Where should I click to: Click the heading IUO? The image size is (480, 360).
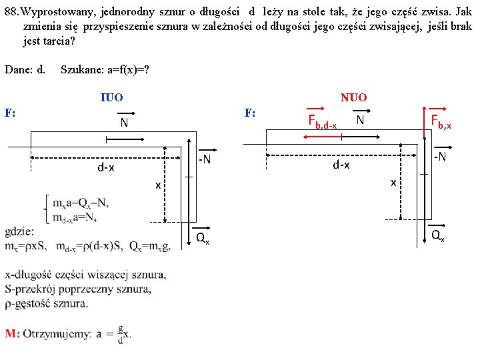point(111,97)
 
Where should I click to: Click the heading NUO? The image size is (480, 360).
point(353,97)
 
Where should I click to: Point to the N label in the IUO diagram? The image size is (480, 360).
point(124,123)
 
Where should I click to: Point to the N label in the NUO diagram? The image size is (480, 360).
point(359,119)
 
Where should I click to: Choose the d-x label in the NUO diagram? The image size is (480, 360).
point(341,165)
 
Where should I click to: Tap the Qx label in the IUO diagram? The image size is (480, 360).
point(202,239)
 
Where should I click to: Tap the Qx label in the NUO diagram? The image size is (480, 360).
point(437,235)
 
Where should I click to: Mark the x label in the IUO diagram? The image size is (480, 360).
point(158,184)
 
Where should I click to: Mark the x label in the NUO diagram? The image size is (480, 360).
point(393,182)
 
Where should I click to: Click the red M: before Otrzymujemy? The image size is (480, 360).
point(13,333)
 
